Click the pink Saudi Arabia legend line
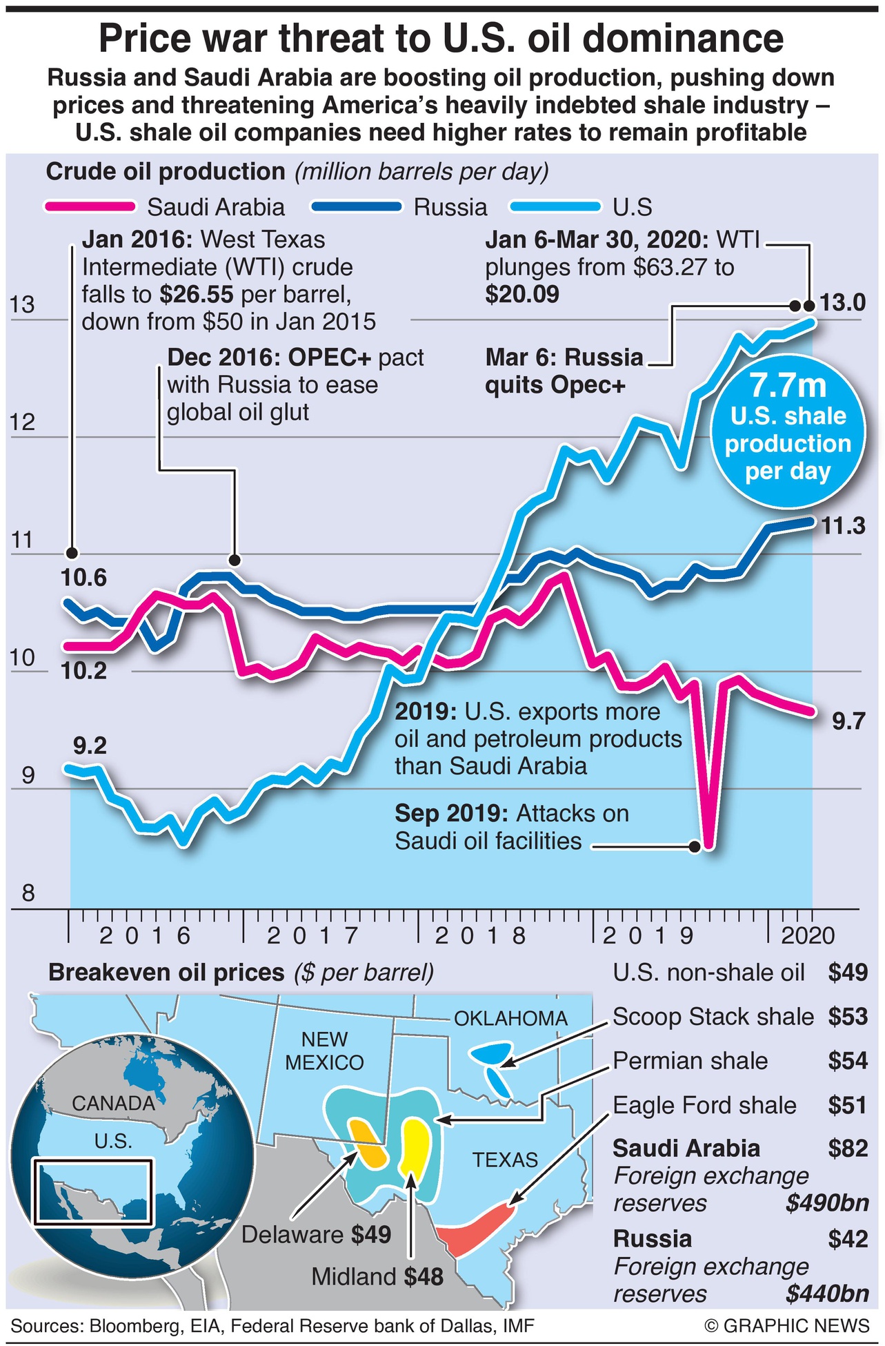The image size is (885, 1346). tap(89, 206)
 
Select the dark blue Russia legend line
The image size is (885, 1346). tap(356, 206)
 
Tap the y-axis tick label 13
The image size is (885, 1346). tap(22, 304)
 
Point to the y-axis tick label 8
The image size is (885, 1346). tap(28, 893)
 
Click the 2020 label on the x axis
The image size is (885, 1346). tap(808, 935)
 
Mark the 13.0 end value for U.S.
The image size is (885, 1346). tap(842, 302)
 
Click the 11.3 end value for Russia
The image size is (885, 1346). tap(843, 527)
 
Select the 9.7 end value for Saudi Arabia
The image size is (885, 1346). tap(848, 721)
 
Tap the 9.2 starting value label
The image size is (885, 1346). tap(90, 746)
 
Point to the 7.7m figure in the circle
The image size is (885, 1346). tap(788, 384)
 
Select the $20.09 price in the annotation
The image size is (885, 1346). tap(522, 295)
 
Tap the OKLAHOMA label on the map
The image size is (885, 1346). tap(510, 1018)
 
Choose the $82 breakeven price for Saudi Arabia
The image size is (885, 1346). tap(848, 1148)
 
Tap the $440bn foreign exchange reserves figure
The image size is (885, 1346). tap(827, 1293)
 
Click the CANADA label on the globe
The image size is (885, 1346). tap(113, 1103)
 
